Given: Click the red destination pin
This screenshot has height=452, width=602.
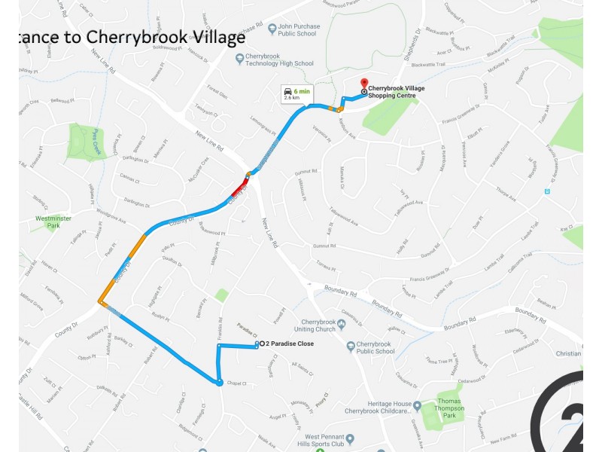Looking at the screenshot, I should (364, 83).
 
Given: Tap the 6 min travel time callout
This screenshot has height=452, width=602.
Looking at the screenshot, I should (296, 93).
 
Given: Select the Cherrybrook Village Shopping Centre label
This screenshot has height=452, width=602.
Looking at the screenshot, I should (392, 92).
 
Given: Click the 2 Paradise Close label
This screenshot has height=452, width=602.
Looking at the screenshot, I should (289, 344).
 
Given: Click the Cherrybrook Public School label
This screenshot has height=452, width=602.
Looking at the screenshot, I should (375, 347).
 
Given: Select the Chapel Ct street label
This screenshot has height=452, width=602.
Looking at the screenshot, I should (237, 383).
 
